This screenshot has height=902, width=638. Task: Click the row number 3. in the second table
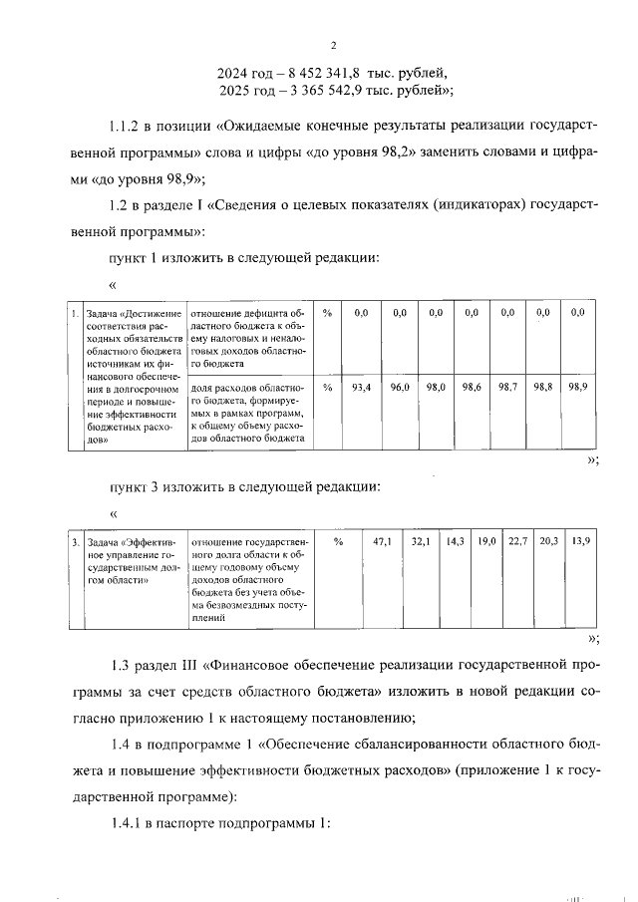[76, 542]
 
